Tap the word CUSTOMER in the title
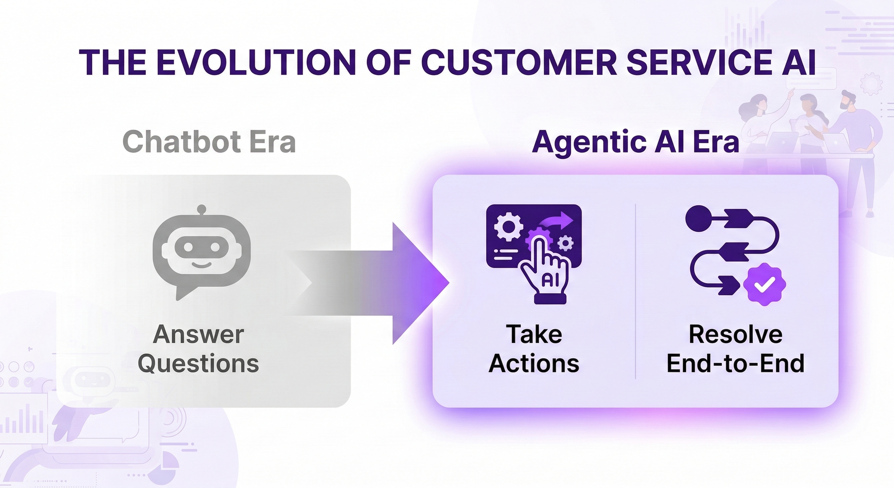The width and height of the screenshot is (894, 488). coord(519,62)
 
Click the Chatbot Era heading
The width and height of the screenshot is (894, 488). coord(209,142)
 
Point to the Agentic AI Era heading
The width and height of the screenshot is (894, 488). coord(635,142)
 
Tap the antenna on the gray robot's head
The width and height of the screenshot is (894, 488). coord(202,209)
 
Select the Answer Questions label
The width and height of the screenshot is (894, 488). coord(198,349)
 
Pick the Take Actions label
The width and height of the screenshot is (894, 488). coord(534,349)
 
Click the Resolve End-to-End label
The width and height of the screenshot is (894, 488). coord(735,349)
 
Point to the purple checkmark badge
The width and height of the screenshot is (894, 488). coord(764,284)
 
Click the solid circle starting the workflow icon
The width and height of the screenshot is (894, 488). coord(698,218)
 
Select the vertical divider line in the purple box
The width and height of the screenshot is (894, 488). coord(635,291)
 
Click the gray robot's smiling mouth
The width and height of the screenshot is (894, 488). coord(202,264)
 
